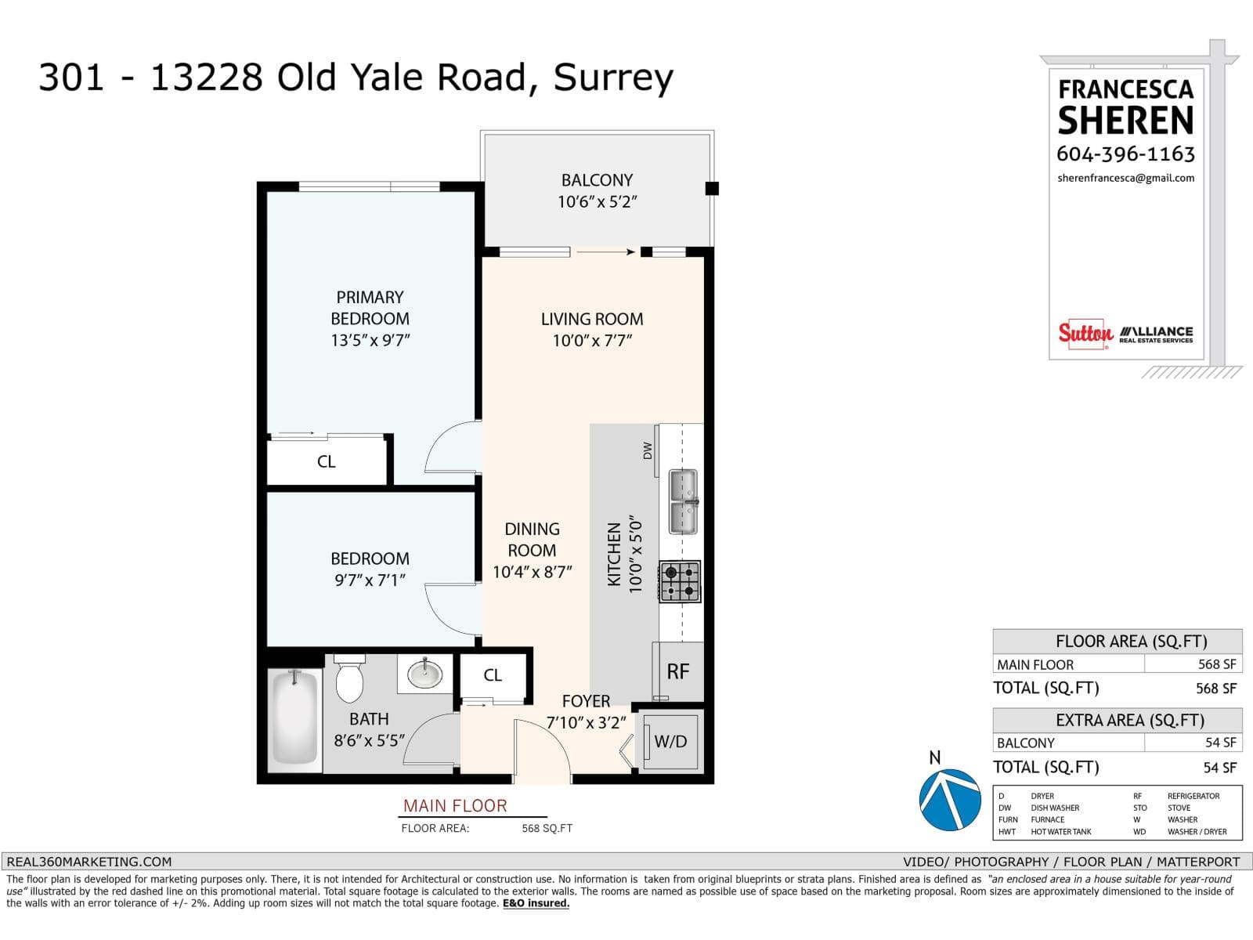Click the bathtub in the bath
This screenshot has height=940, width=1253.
[295, 719]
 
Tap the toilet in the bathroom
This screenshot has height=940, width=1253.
[349, 680]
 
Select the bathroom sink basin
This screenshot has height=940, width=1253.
[425, 674]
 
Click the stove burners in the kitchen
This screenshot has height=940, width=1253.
[680, 581]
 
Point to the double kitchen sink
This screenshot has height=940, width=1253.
[683, 502]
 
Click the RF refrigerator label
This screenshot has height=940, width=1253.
[677, 671]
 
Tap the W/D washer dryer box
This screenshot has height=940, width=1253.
[670, 741]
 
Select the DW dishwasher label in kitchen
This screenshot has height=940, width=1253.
[648, 450]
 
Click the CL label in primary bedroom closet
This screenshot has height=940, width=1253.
[327, 462]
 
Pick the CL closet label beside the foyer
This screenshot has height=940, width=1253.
[493, 675]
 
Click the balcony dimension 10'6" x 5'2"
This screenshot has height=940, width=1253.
[597, 202]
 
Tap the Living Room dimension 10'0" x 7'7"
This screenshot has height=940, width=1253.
[591, 341]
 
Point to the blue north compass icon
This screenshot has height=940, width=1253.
[950, 800]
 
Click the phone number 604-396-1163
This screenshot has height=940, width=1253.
[1125, 154]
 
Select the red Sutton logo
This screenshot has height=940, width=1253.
[1085, 333]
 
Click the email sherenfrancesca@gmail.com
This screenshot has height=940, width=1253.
[1125, 178]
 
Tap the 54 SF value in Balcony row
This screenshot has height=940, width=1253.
[1220, 743]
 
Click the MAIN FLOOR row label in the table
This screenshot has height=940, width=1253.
[1035, 664]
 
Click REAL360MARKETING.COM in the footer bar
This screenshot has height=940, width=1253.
[89, 862]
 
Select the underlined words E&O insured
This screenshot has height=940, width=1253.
[536, 903]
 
